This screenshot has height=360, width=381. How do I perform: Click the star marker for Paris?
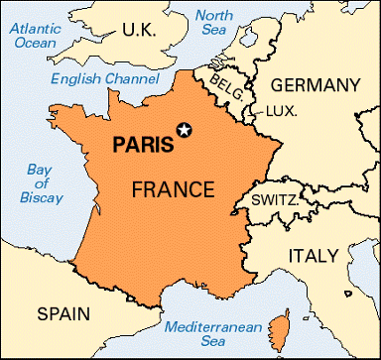tap(183, 128)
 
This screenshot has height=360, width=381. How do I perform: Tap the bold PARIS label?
tap(142, 143)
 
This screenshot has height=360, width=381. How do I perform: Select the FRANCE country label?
tap(174, 187)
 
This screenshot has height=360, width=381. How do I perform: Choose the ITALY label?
tap(314, 256)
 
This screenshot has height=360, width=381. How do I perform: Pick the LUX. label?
tap(281, 113)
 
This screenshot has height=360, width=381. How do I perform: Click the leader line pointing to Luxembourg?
tap(258, 110)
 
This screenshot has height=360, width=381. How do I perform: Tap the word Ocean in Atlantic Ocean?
tap(35, 43)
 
